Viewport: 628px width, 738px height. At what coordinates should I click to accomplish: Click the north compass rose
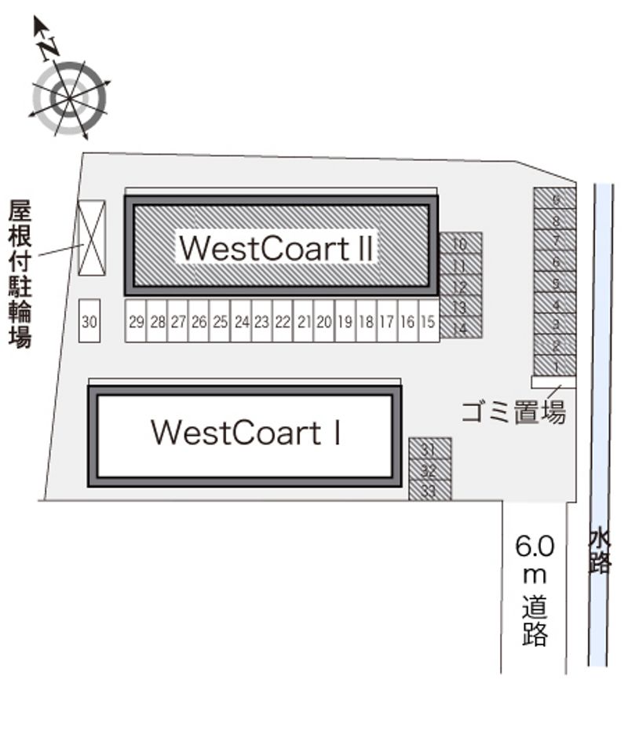69,97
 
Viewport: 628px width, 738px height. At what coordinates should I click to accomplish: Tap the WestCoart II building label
276,247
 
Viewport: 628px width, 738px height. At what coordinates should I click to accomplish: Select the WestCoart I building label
246,433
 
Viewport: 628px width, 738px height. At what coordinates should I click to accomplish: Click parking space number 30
90,321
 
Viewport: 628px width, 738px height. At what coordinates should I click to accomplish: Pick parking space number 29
136,321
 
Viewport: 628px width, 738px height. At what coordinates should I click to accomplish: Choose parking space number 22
283,321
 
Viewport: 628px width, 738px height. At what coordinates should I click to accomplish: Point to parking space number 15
428,321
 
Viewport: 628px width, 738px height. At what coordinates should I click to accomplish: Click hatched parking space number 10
460,243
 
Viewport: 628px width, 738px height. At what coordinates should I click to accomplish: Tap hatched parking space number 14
460,328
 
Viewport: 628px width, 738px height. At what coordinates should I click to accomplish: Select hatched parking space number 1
555,366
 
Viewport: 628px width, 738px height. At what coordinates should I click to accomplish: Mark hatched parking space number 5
555,282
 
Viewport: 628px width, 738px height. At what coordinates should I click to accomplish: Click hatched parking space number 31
429,448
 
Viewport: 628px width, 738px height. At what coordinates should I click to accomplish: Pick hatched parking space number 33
429,490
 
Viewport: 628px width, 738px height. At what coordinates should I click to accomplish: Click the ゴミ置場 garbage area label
513,411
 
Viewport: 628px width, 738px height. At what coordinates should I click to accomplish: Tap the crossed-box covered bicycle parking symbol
91,238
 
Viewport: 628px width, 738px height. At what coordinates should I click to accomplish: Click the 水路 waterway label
600,551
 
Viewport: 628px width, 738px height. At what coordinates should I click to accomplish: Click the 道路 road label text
535,620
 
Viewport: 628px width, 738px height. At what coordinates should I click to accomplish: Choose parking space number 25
220,321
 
